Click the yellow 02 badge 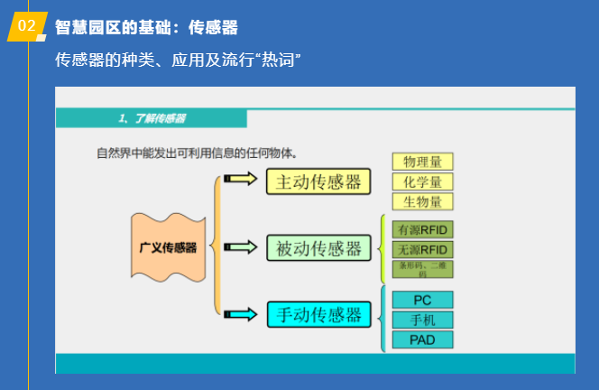26,27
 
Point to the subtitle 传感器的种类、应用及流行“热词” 178,60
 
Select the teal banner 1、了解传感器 152,118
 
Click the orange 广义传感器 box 168,246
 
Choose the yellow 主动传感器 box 319,181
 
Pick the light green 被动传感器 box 319,247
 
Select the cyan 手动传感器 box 319,314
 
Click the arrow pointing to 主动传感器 240,179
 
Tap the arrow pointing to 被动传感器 240,246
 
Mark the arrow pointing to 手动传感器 240,314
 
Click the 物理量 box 422,162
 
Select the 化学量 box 422,181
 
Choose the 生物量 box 422,201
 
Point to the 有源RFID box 422,229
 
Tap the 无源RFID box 422,249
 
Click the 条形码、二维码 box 422,269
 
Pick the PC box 422,300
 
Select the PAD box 422,340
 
